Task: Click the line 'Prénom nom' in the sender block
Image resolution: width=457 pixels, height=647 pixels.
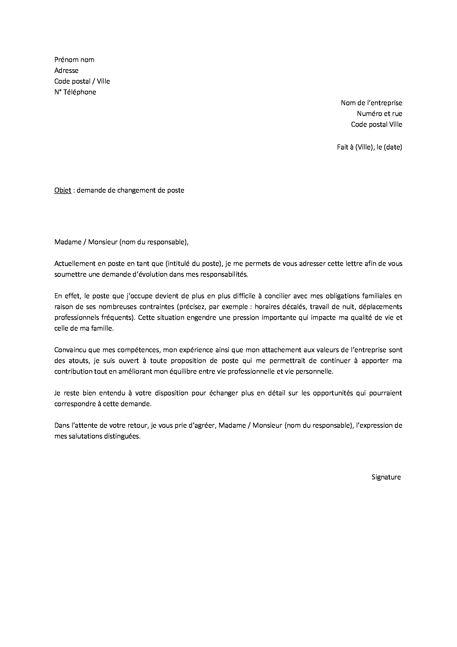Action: (74, 60)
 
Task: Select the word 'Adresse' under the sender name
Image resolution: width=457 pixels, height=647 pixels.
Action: (66, 71)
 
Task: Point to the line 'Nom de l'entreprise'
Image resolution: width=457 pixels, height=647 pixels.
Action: (371, 103)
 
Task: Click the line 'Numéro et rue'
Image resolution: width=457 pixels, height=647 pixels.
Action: (379, 114)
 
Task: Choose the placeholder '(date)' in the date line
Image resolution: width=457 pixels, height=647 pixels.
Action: (393, 147)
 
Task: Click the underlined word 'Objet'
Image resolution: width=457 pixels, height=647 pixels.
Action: (63, 191)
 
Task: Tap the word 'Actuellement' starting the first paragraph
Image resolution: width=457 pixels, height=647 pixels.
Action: (74, 264)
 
